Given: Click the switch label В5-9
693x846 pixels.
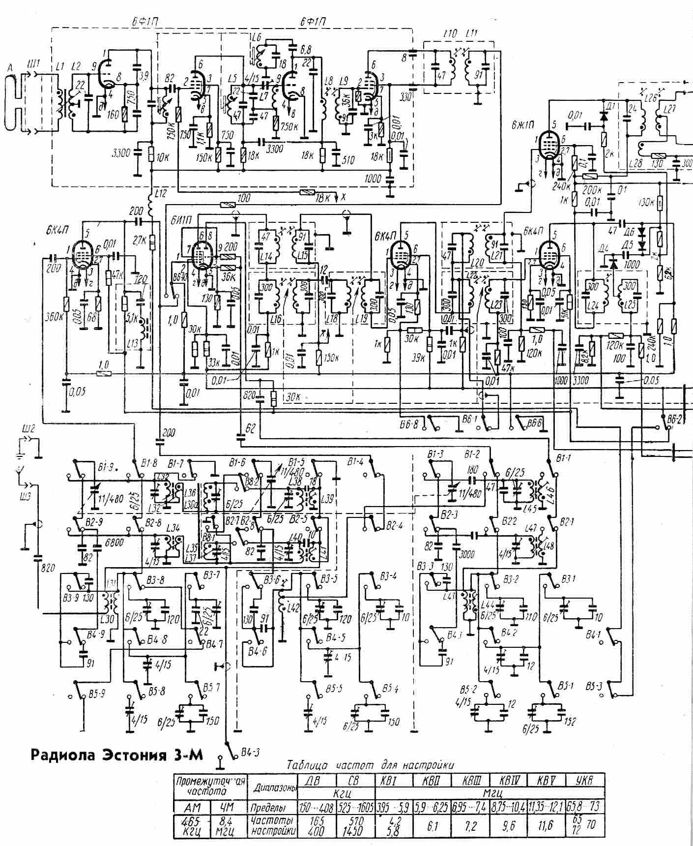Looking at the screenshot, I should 96,695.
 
